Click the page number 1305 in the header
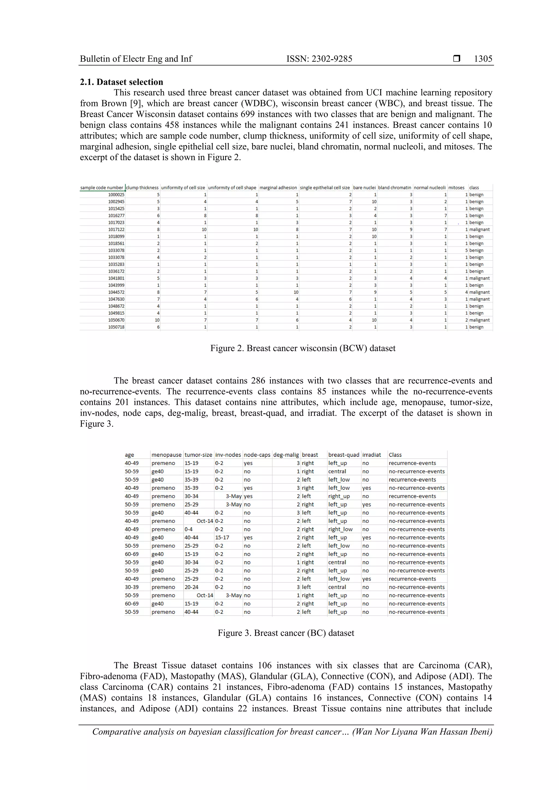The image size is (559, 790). (483, 59)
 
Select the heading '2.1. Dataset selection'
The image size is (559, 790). (121, 82)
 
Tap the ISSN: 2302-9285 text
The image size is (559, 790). (319, 59)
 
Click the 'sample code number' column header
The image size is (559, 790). (102, 188)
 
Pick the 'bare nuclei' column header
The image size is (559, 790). (364, 188)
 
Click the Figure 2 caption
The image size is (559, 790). (303, 348)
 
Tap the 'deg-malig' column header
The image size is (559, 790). (286, 455)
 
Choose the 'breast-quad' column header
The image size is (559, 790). (343, 455)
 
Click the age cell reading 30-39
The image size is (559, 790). (132, 587)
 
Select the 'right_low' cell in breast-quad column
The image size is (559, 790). (340, 529)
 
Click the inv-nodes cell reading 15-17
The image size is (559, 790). (222, 537)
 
